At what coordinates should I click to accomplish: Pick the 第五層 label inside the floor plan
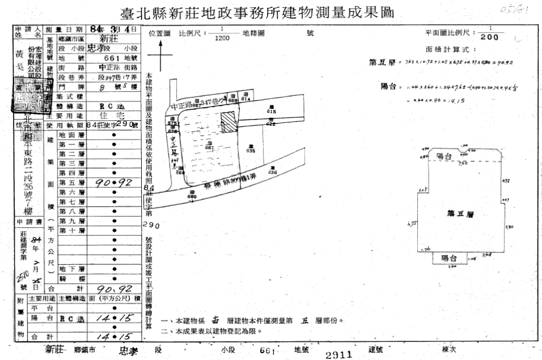point(459,214)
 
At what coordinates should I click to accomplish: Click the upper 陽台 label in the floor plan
point(444,156)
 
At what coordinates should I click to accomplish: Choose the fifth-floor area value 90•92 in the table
point(115,183)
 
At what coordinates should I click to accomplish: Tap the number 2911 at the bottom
point(338,355)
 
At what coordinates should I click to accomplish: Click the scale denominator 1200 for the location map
point(222,38)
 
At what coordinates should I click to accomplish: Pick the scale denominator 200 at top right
point(489,38)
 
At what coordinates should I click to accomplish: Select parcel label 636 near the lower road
point(272,172)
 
